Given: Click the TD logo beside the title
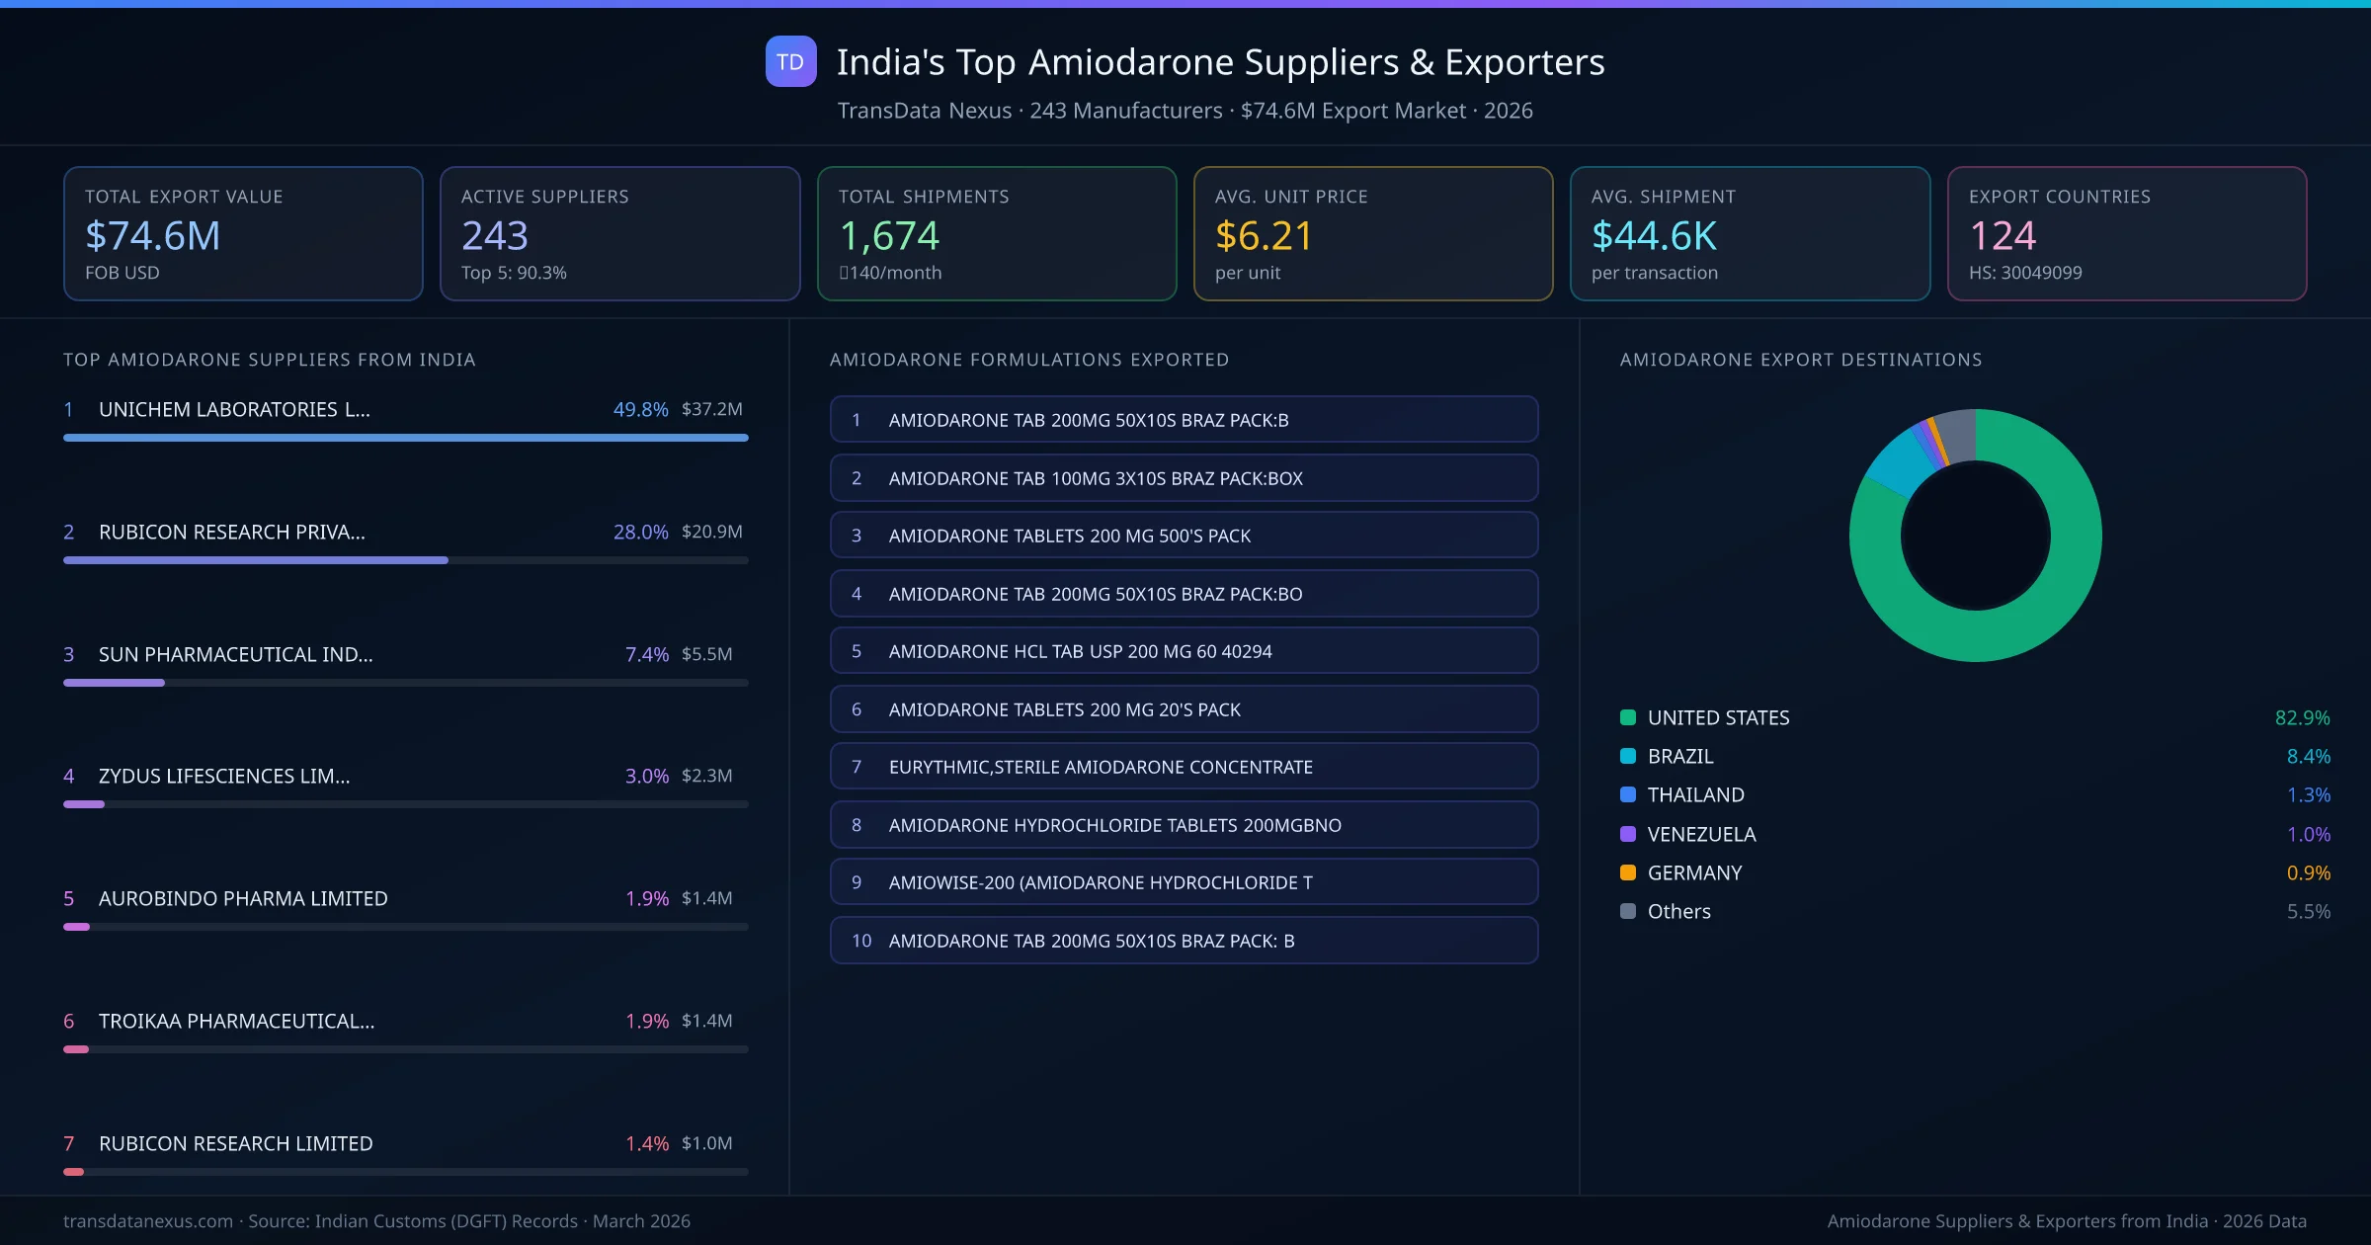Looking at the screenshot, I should (x=790, y=61).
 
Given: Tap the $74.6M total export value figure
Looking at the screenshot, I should (x=153, y=235).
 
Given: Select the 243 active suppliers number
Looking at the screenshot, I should (x=495, y=235).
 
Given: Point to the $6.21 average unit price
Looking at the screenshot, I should (x=1264, y=235).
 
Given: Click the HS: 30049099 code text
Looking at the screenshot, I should (x=2024, y=273).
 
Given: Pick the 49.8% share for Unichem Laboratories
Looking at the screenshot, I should (x=640, y=409).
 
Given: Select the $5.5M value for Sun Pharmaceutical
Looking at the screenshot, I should (x=706, y=654).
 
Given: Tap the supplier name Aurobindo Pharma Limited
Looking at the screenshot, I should (x=243, y=898).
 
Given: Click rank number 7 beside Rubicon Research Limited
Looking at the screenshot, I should (x=69, y=1143).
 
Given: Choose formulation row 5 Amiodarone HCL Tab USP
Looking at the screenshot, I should (x=1183, y=651).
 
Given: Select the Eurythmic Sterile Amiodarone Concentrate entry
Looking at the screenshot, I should (x=1183, y=767).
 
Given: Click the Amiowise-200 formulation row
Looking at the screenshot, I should (x=1183, y=882).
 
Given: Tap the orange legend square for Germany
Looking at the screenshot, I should (x=1628, y=872).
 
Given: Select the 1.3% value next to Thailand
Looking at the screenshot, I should (x=2308, y=794).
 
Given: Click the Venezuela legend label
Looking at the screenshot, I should (x=1701, y=834).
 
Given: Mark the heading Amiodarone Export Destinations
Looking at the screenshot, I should (x=1800, y=360).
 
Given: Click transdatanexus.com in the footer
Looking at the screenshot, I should (x=148, y=1221).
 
